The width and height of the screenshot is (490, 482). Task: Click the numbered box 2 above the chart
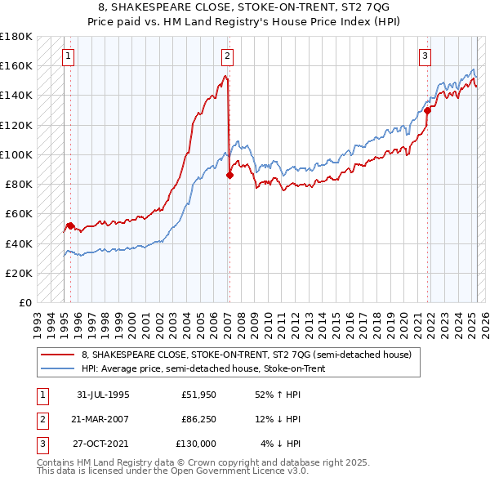[227, 56]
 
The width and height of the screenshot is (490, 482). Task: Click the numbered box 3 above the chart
[425, 56]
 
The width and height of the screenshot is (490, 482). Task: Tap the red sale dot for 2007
[230, 174]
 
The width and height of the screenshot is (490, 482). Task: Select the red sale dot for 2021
[427, 110]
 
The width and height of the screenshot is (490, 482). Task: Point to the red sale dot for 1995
[70, 225]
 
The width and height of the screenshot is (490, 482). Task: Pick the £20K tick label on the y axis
[20, 273]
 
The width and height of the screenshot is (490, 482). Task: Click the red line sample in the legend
[58, 355]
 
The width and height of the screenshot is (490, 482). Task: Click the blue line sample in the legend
[58, 368]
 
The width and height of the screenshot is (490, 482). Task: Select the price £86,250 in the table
[199, 419]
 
